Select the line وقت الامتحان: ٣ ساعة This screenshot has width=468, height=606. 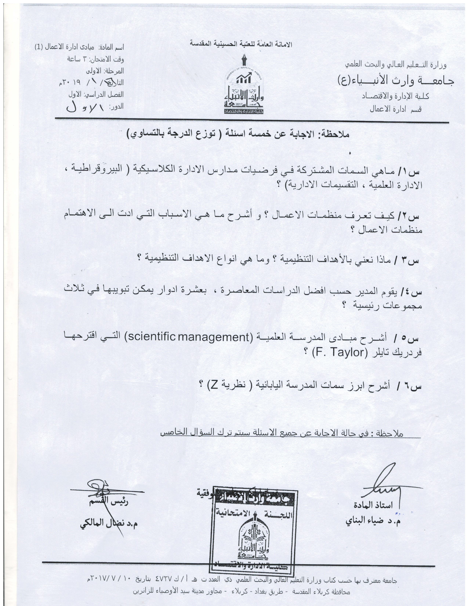click(x=96, y=59)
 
